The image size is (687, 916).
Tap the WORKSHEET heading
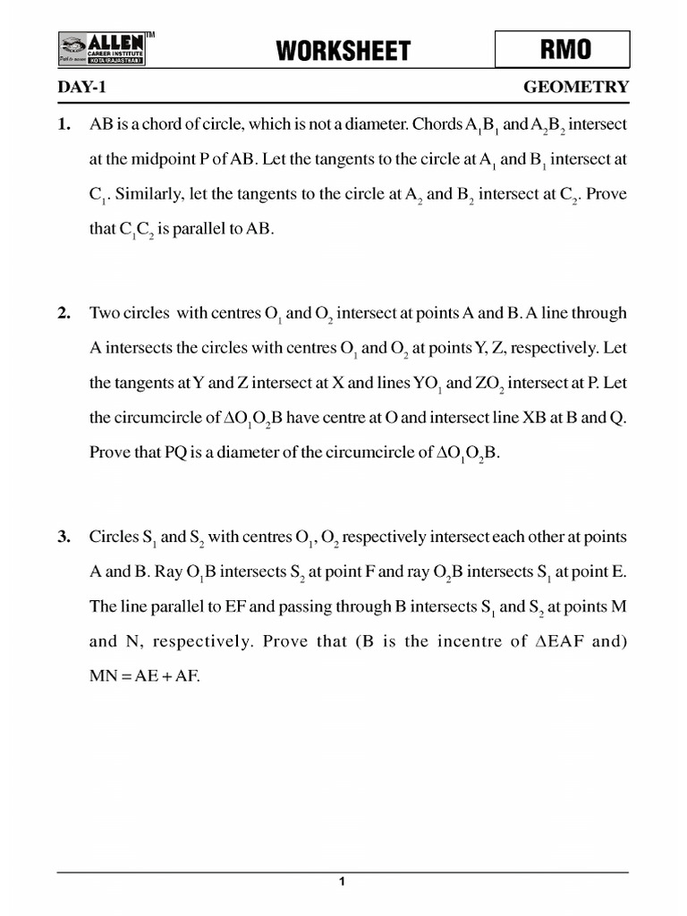coord(343,51)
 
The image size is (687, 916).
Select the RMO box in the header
coord(563,49)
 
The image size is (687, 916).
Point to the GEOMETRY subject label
coord(575,88)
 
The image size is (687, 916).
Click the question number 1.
coord(64,124)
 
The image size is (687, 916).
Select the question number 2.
coord(64,313)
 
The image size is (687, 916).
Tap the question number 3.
coord(64,537)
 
